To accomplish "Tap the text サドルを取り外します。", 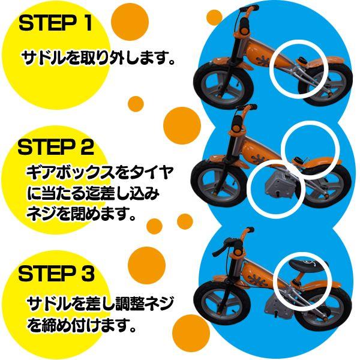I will pyautogui.click(x=98, y=59).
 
